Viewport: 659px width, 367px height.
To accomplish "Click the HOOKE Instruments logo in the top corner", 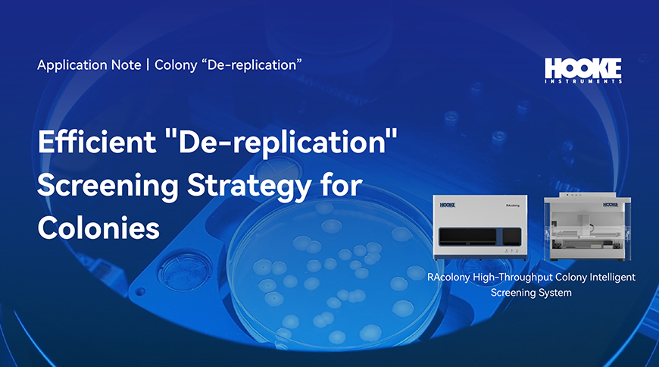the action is pyautogui.click(x=583, y=71).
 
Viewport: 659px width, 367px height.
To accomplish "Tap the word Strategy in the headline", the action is pyautogui.click(x=250, y=186).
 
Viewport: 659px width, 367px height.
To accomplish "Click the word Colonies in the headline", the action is pyautogui.click(x=98, y=227).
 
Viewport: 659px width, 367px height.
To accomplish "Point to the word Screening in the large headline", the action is pyautogui.click(x=108, y=186).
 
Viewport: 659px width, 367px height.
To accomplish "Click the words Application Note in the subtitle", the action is pyautogui.click(x=89, y=64).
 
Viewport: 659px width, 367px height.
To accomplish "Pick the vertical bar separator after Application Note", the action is pyautogui.click(x=148, y=64).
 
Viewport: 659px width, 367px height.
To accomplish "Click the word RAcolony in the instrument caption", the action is pyautogui.click(x=448, y=278).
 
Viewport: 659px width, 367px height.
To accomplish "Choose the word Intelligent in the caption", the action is pyautogui.click(x=612, y=278).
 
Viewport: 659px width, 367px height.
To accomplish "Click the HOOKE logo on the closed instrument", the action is pyautogui.click(x=447, y=205).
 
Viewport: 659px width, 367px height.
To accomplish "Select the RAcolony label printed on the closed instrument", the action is pyautogui.click(x=512, y=205).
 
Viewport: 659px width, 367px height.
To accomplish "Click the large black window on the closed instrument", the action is pyautogui.click(x=467, y=237).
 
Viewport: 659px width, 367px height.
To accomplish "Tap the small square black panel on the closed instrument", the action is pyautogui.click(x=512, y=237).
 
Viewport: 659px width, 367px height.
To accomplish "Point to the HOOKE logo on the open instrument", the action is pyautogui.click(x=611, y=205).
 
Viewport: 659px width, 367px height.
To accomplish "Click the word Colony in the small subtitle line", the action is pyautogui.click(x=176, y=65).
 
